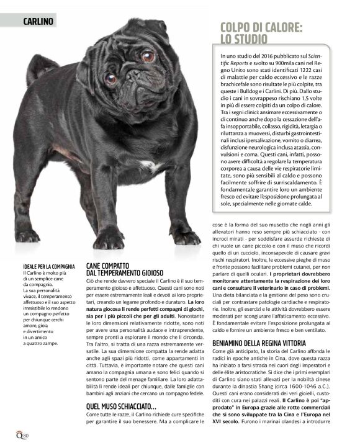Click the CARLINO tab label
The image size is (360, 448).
click(38, 21)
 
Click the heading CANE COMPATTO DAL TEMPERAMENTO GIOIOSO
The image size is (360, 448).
click(125, 269)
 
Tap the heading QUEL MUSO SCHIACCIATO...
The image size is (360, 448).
click(121, 406)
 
